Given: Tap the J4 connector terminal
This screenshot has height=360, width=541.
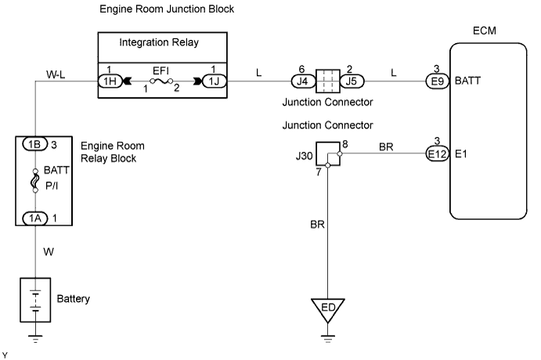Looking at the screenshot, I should tap(301, 80).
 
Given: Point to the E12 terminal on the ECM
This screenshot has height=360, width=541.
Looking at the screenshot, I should tap(437, 154).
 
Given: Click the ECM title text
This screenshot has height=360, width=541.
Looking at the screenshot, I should tap(485, 31).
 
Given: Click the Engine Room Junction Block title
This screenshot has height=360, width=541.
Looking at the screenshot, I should tap(168, 9).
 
